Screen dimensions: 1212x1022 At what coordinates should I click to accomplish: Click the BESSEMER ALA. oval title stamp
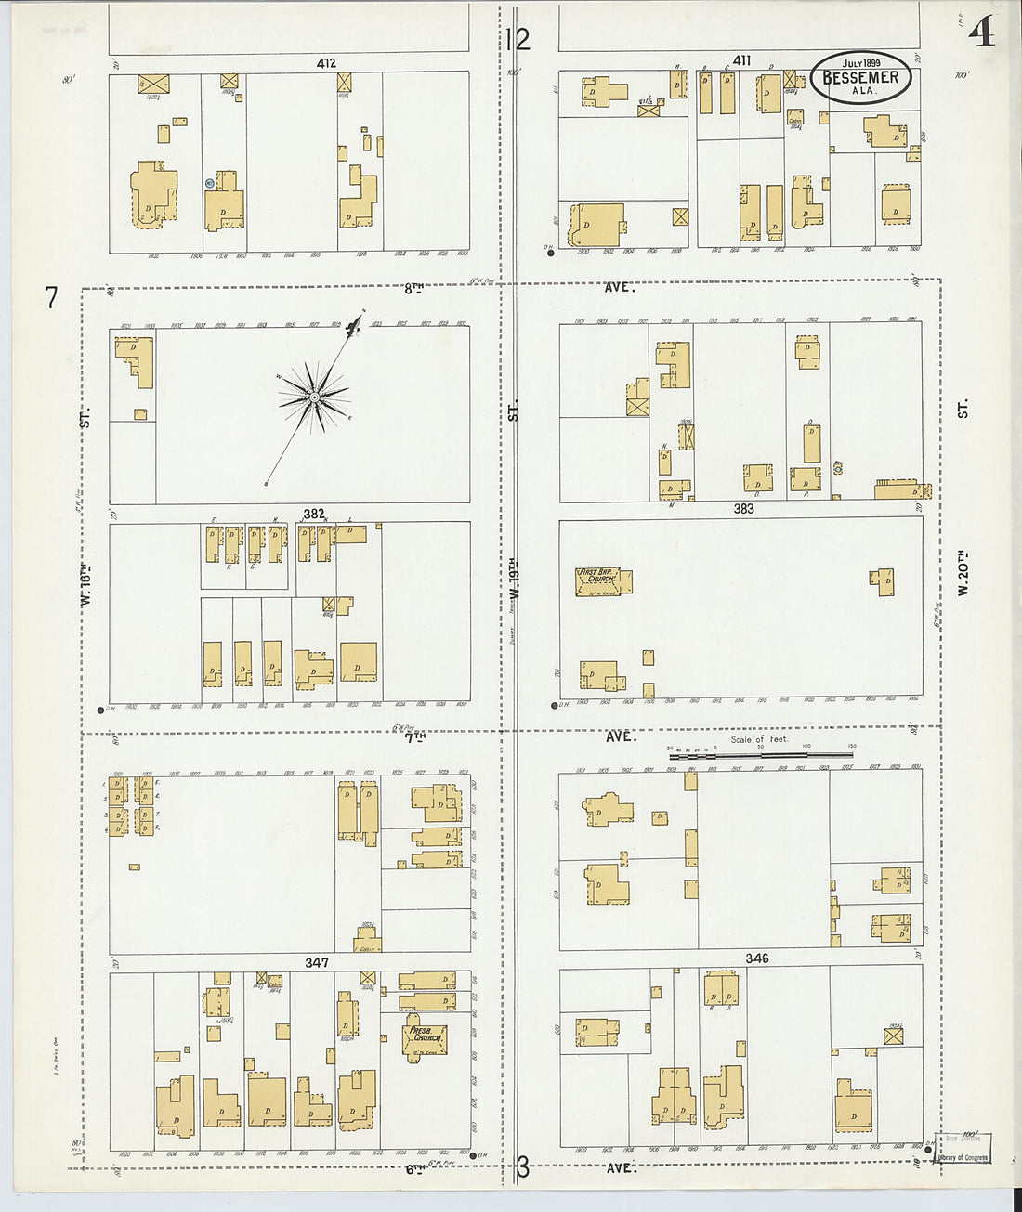[860, 78]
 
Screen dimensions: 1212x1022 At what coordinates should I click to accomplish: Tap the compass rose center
[315, 397]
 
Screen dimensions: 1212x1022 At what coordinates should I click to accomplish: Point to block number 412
[325, 64]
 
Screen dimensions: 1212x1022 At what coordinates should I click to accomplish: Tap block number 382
[314, 513]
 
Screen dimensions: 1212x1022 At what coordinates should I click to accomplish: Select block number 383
[743, 509]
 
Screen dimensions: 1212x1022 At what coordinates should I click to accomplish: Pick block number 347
[317, 963]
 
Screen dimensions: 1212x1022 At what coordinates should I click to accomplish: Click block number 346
[756, 958]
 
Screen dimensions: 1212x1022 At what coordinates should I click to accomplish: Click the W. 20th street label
[963, 574]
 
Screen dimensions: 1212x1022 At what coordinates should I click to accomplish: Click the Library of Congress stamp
[963, 1157]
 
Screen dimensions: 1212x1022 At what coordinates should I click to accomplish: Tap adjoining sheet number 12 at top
[518, 39]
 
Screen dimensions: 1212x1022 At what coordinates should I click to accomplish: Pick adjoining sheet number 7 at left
[51, 298]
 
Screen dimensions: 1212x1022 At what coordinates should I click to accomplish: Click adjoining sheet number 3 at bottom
[523, 1167]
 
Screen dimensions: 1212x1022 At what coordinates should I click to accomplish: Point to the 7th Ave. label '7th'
[414, 736]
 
